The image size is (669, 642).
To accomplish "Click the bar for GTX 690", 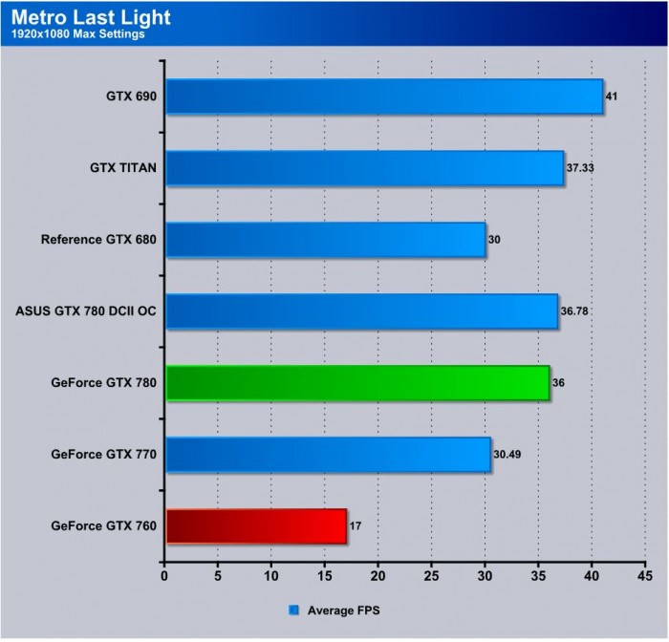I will point(384,96).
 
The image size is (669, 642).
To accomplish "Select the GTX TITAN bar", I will point(365,168).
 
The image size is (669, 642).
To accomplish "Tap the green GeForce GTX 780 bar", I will point(357,383).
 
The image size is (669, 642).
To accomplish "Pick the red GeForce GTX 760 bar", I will point(256,526).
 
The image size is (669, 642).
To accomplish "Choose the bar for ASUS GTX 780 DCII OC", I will point(362,311).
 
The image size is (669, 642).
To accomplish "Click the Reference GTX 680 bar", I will point(326,240).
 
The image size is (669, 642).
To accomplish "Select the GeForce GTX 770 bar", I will point(328,455).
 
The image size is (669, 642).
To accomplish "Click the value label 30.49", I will point(508,455).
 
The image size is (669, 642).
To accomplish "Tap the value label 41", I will point(613,96).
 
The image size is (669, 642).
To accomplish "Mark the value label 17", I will point(356,526).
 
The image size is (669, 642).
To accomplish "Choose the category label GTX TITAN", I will point(123,168).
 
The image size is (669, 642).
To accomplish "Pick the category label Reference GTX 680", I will point(98,240).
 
